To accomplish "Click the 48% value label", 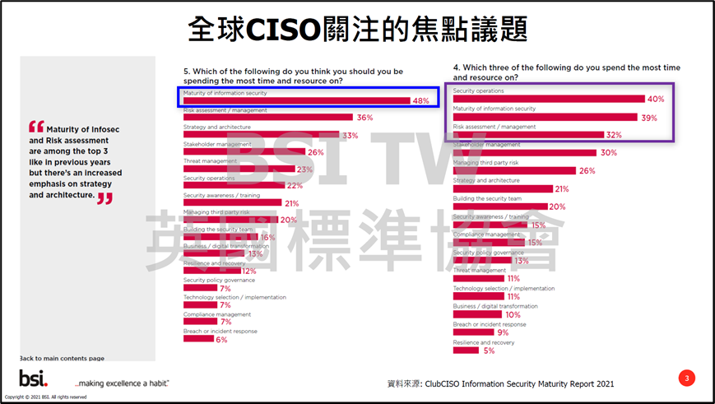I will (x=420, y=101).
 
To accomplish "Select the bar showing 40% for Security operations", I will (x=548, y=99).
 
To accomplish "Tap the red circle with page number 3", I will (x=687, y=378).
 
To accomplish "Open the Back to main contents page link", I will (x=62, y=359).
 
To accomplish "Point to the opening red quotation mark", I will (x=35, y=127).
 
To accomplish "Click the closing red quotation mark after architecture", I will (x=104, y=197).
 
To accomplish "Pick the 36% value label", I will (x=364, y=118).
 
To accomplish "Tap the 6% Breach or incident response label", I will (x=221, y=339).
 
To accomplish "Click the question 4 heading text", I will (x=566, y=72).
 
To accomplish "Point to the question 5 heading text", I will (x=293, y=76).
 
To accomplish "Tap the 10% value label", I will (x=513, y=314).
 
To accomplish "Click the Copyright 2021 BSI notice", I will (x=46, y=397).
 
